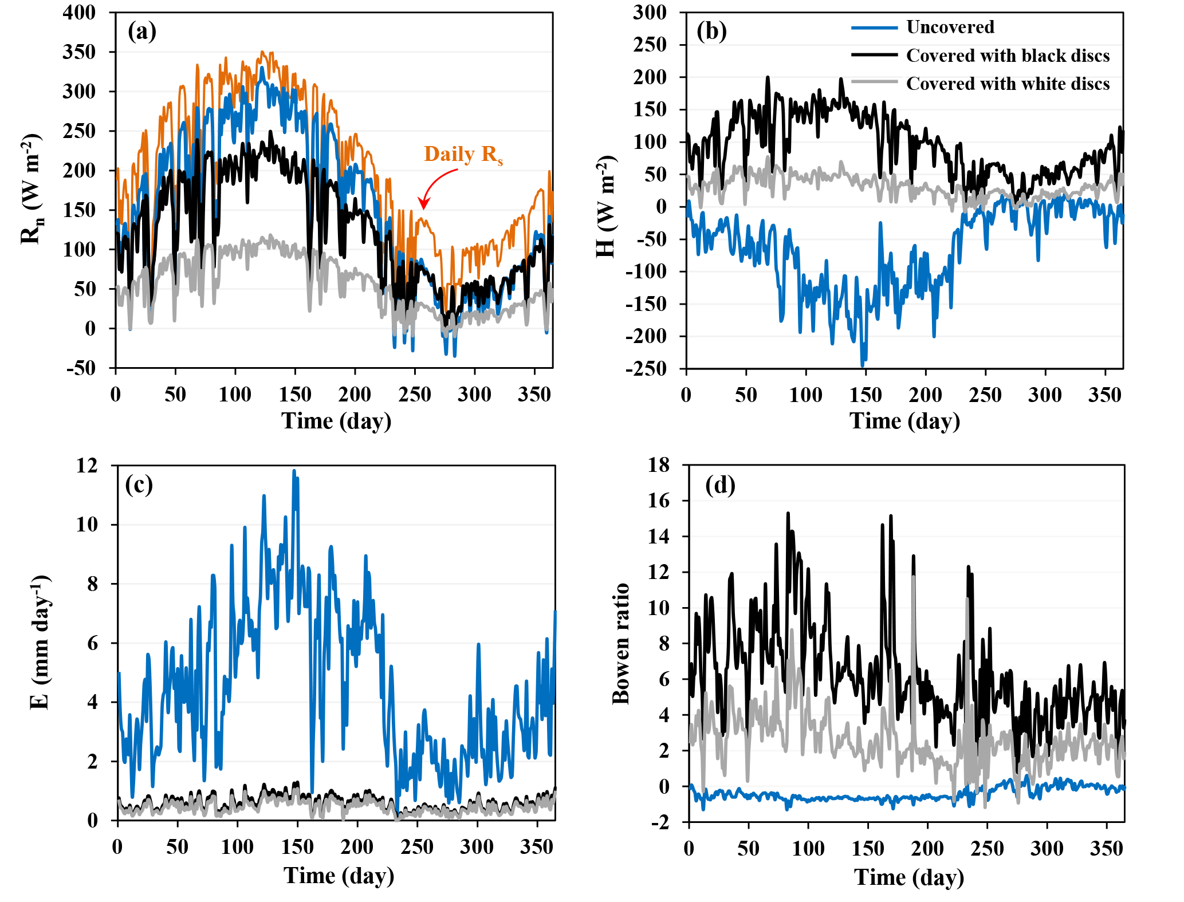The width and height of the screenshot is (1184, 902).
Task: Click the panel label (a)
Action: coord(142,31)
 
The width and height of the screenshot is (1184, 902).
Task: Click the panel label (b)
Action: coord(711,31)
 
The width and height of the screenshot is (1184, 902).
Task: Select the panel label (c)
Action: coord(139,485)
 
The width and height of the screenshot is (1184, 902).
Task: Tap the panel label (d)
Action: coord(720,485)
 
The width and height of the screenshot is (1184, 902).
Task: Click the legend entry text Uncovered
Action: coord(950,27)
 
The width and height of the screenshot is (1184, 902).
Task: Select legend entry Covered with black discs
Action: coord(1008,56)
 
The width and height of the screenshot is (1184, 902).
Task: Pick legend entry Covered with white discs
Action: coord(1008,84)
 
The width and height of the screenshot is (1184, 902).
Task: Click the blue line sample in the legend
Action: coord(874,27)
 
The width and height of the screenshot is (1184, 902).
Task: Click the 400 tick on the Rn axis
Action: coord(79,12)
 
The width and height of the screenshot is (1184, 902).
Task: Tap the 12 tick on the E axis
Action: coord(87,465)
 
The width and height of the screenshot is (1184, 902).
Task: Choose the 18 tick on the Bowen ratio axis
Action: coord(659,465)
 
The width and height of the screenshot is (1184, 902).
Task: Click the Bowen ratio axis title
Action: coord(621,643)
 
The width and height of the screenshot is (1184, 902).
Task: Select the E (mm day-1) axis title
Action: coord(40,643)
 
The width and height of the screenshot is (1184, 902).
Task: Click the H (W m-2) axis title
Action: coord(606,206)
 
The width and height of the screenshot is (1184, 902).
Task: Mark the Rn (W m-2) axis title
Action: coord(32,189)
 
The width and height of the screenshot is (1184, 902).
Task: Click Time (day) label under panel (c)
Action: coord(339,876)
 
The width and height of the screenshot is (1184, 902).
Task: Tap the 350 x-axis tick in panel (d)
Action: coord(1106,848)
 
